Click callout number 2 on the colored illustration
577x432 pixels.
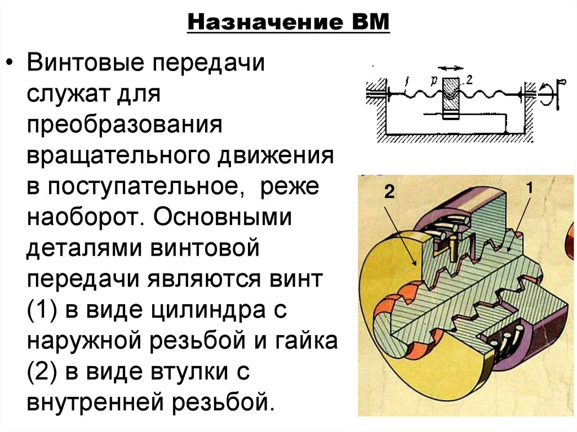click(388, 191)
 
